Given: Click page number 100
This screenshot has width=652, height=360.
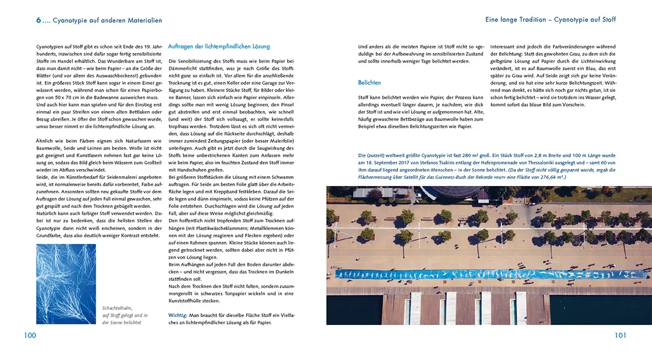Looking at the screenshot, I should click(30, 335).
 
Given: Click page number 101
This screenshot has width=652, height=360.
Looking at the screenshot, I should click(620, 335).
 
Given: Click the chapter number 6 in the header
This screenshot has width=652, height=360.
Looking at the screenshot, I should click(38, 20).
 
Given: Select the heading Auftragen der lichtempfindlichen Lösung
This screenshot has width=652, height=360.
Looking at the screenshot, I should click(218, 46).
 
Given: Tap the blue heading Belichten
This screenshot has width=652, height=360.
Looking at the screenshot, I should click(370, 83).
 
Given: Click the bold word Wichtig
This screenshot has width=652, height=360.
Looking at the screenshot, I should click(178, 315).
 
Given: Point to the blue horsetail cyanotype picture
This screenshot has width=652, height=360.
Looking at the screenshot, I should click(66, 284).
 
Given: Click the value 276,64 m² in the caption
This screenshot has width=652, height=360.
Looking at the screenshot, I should click(532, 177).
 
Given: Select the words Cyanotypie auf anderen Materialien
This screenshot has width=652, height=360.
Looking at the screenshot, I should click(107, 20).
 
